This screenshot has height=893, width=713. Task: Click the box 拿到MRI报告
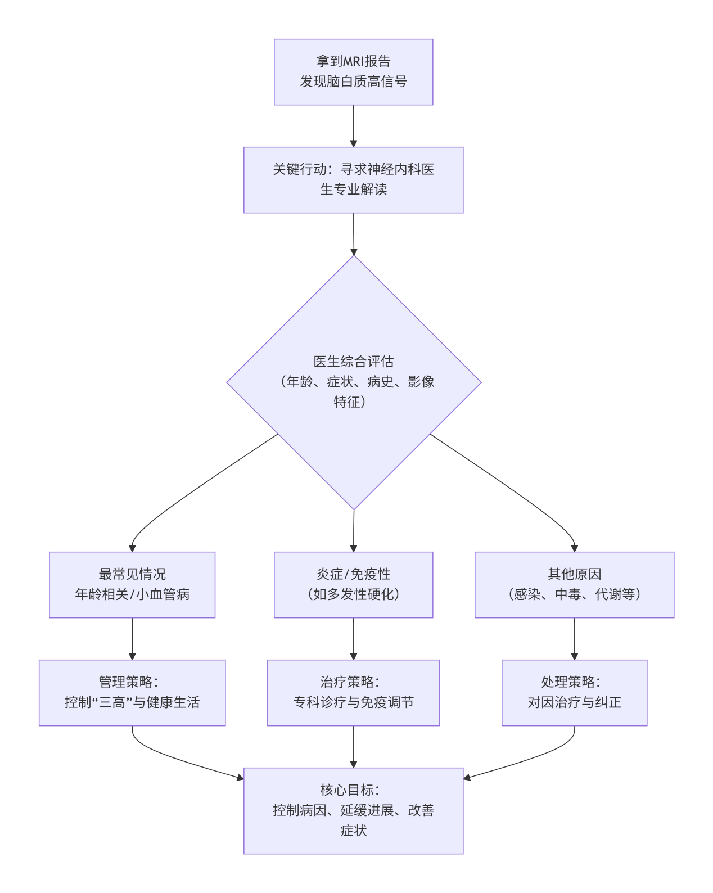click(x=353, y=72)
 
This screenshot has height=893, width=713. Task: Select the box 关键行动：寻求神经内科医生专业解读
click(x=353, y=180)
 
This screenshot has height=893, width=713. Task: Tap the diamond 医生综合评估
click(x=354, y=382)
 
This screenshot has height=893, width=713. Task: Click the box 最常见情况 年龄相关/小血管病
click(x=132, y=585)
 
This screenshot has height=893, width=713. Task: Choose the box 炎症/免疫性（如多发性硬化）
click(x=353, y=585)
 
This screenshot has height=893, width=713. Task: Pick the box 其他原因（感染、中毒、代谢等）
click(x=574, y=585)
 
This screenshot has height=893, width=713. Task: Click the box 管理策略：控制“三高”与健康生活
click(x=132, y=693)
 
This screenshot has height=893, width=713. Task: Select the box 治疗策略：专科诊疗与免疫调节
click(x=353, y=693)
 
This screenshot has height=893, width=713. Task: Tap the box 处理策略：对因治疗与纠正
click(x=574, y=693)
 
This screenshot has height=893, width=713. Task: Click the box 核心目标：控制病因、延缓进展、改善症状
click(x=353, y=811)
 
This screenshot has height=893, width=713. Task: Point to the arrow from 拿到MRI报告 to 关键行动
click(x=354, y=126)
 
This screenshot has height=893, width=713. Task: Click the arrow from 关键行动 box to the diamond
click(x=354, y=234)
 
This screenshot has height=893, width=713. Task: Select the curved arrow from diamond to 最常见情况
click(x=191, y=489)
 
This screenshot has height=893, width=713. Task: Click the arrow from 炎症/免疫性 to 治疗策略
click(x=354, y=639)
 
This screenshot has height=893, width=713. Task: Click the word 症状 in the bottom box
click(x=353, y=831)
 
